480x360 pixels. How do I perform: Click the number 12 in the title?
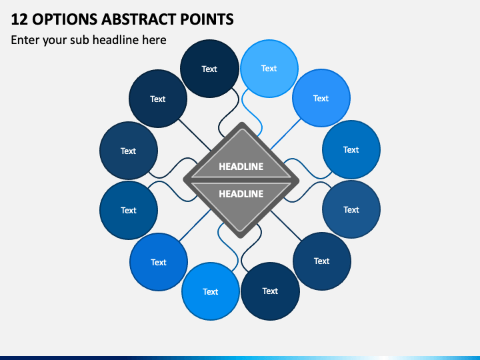[19, 19]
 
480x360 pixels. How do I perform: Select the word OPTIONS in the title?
[65, 19]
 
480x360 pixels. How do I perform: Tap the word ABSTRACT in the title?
[139, 19]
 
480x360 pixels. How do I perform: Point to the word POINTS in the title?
[207, 19]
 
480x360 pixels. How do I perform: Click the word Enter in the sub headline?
[25, 40]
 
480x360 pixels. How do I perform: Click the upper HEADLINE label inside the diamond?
[241, 167]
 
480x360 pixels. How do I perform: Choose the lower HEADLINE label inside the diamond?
[241, 194]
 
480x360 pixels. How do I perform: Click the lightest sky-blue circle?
[269, 69]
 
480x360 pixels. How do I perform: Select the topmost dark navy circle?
[209, 69]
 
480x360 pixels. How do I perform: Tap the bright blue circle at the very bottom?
[211, 291]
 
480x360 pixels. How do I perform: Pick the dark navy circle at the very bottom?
[270, 291]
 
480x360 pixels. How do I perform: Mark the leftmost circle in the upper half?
[129, 151]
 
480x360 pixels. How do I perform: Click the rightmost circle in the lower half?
[351, 209]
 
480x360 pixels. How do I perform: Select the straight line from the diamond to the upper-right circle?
[286, 134]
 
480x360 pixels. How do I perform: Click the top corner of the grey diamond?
[242, 123]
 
